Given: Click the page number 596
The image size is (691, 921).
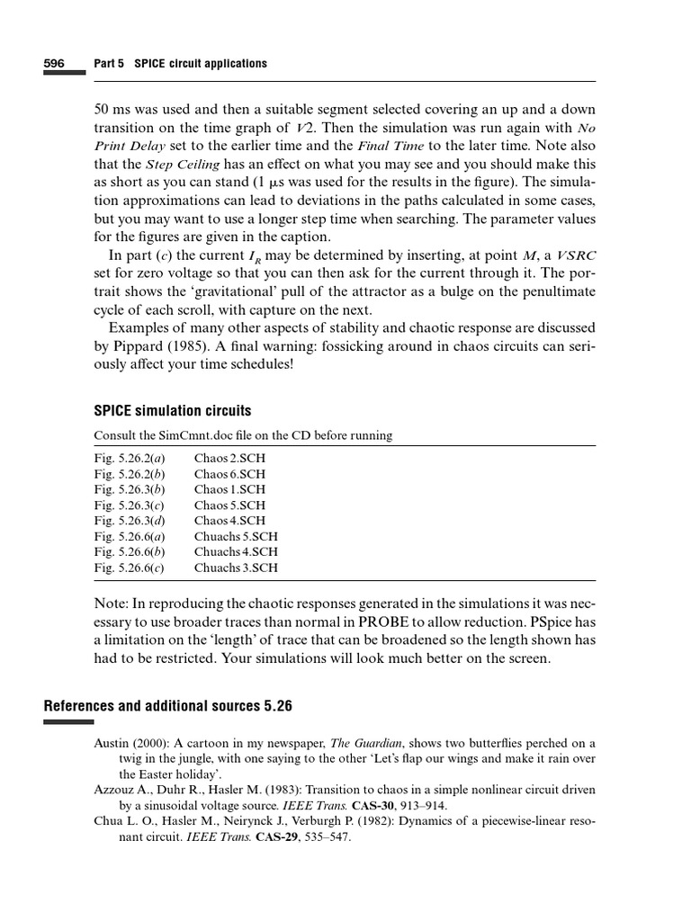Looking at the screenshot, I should tap(54, 64).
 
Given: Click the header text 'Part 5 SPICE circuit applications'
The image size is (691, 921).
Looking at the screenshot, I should tap(180, 64).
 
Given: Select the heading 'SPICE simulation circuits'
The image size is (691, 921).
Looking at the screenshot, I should tap(173, 411).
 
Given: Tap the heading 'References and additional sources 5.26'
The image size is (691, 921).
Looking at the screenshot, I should tap(168, 706).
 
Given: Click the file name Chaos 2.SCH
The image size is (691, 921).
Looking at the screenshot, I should tap(229, 458).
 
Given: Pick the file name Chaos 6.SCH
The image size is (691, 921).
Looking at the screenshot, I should tap(229, 474).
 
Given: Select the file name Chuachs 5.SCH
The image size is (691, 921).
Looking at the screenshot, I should tap(236, 536).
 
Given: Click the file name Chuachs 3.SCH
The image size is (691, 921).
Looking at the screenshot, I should tap(236, 568).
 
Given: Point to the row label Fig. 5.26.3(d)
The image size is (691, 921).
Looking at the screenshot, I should tap(130, 521).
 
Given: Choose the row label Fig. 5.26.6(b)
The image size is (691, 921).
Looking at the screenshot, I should tap(130, 552).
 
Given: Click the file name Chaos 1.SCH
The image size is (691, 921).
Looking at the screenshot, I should tap(229, 489).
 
